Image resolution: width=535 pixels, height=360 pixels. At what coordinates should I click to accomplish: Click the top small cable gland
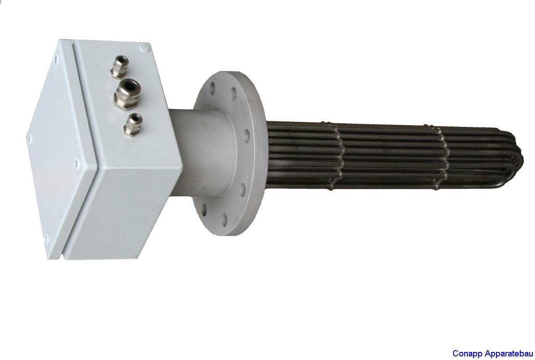coord(120,66)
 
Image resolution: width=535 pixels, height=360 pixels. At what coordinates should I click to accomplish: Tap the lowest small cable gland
coord(133,125)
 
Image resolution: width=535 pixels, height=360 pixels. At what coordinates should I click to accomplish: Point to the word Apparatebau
coord(508,354)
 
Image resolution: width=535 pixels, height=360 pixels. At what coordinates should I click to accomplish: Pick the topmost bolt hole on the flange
coord(212,88)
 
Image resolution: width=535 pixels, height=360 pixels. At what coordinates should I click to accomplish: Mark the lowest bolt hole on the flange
coord(224,219)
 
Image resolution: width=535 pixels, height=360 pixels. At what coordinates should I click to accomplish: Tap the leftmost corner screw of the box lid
coord(30,138)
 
